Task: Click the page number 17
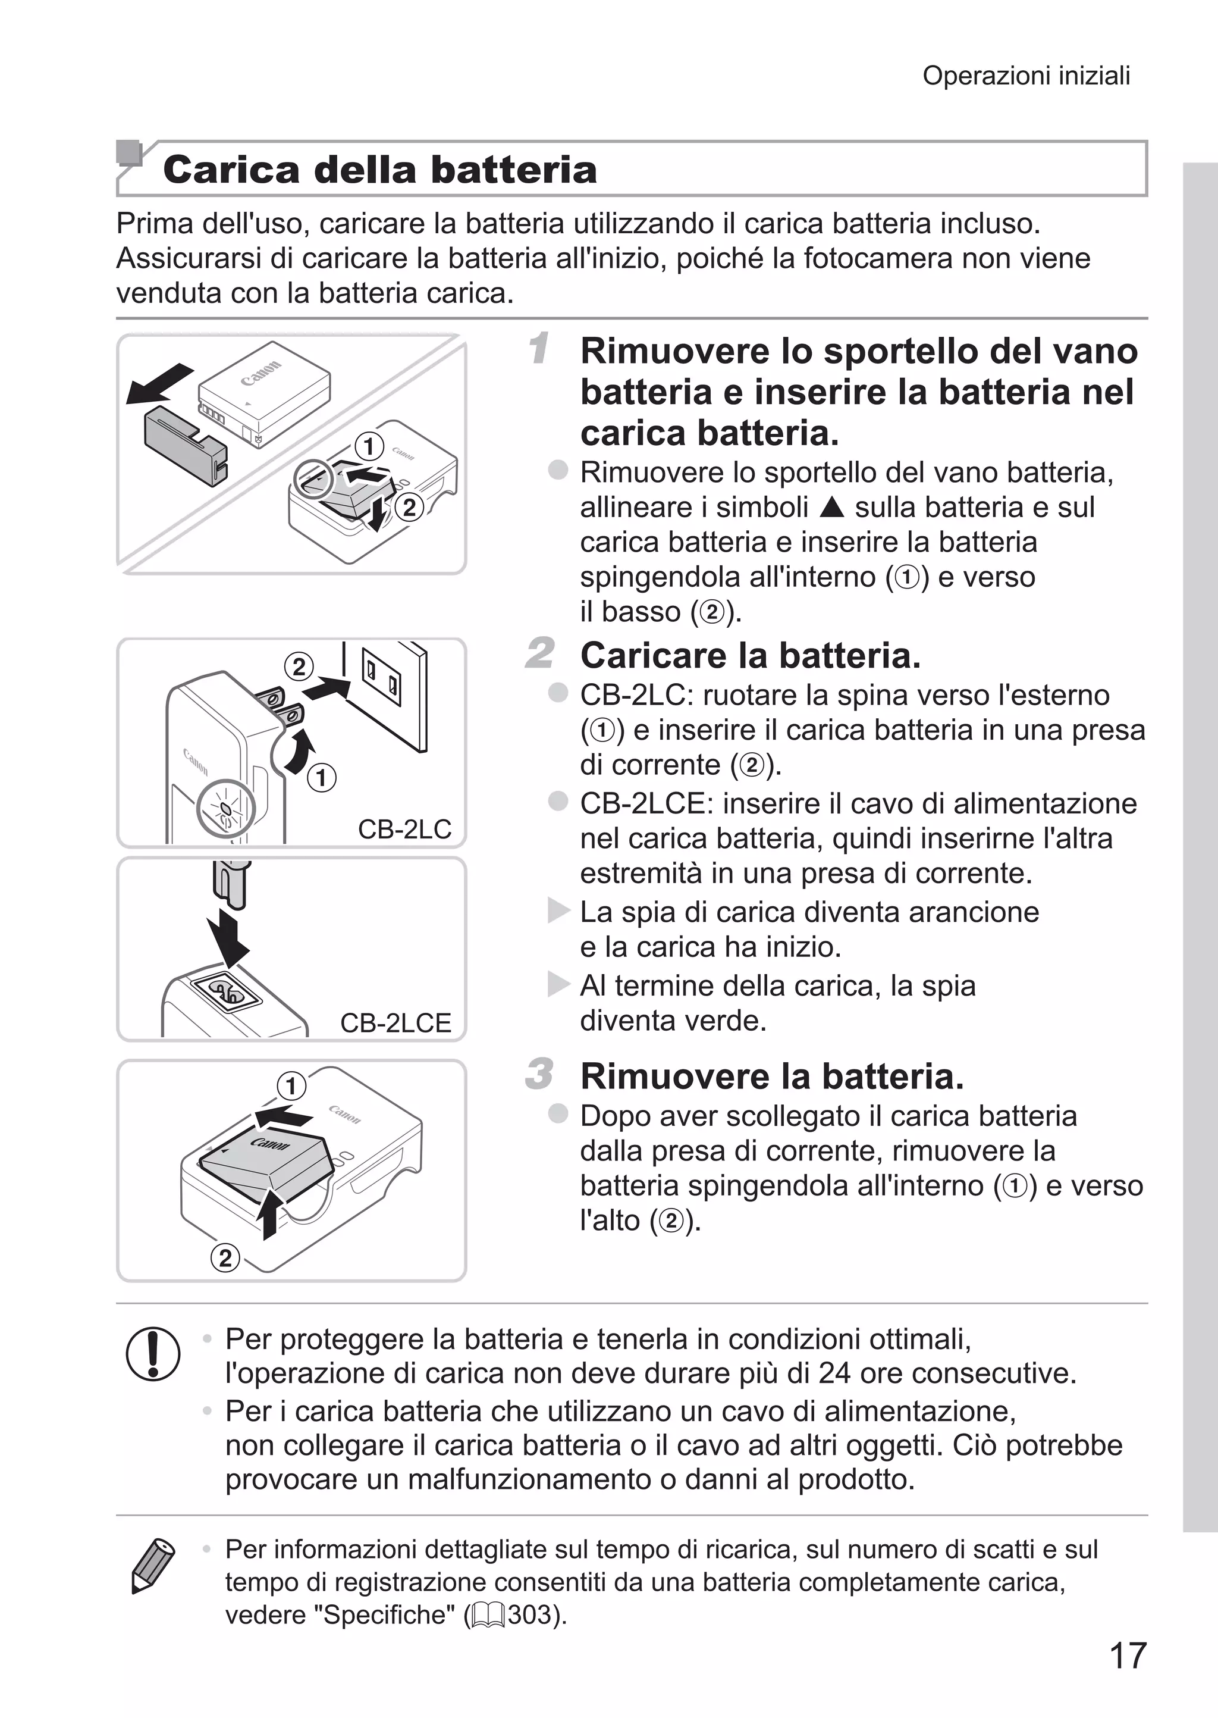[1127, 1655]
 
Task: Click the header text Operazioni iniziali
[1025, 76]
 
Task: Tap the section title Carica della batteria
[379, 169]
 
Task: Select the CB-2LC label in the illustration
[404, 829]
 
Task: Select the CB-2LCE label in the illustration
[395, 1022]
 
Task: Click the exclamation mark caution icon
[153, 1353]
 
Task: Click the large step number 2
[540, 653]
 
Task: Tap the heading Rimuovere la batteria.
[772, 1076]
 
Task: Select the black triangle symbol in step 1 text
[832, 508]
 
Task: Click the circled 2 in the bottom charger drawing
[225, 1258]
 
